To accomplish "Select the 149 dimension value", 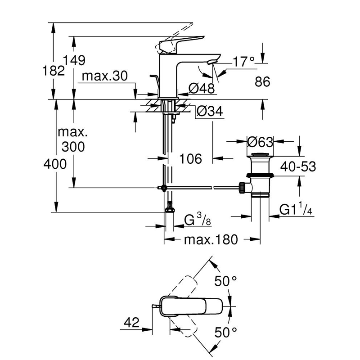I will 80,60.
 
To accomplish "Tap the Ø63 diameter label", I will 261,142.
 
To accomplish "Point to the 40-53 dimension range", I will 297,166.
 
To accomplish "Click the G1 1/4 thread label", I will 296,210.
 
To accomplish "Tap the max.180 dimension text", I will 210,239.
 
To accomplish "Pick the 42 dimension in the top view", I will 131,322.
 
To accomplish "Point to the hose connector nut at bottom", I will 170,208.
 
